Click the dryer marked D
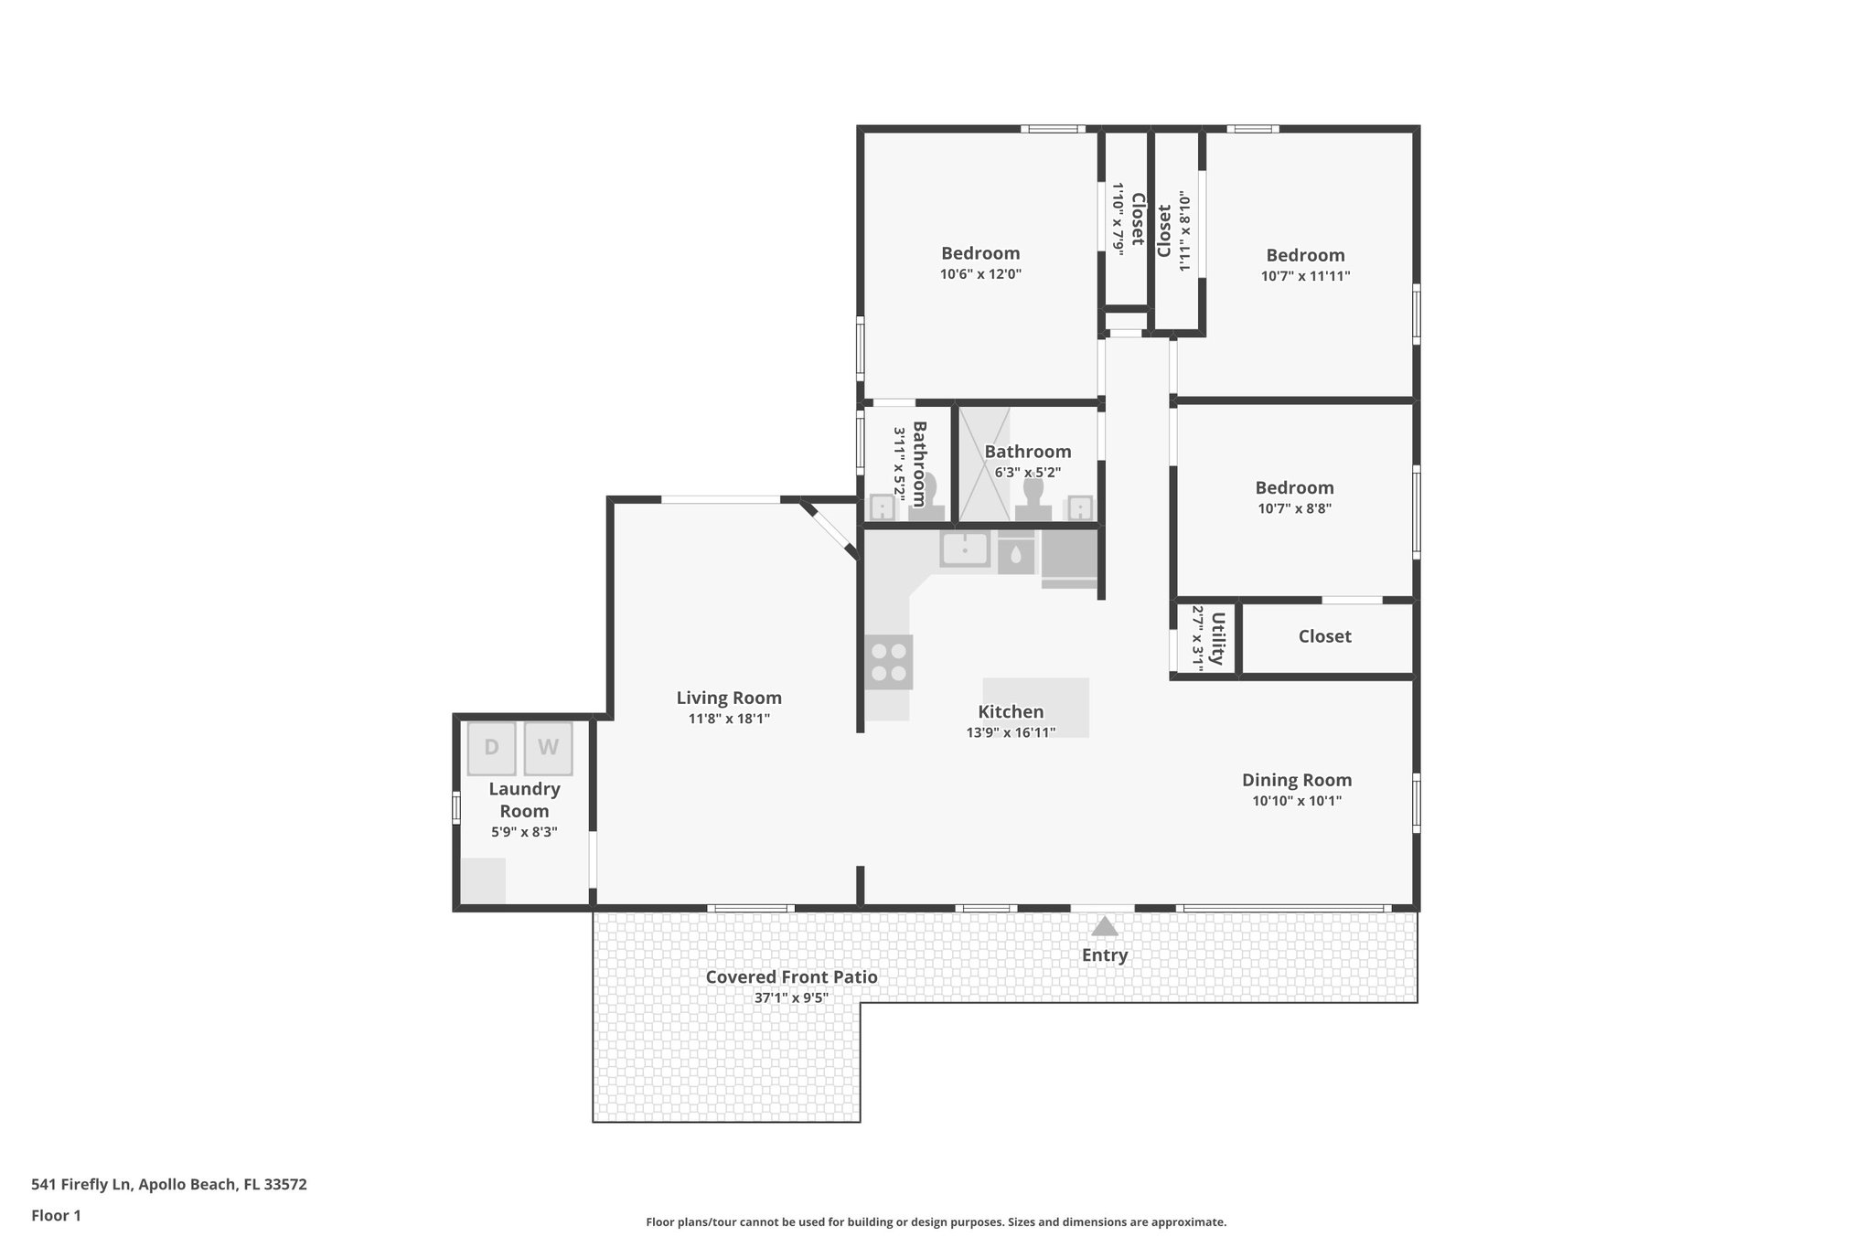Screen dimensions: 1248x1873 coord(491,748)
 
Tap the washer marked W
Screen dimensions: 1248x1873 coord(548,748)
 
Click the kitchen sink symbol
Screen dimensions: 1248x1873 coord(965,550)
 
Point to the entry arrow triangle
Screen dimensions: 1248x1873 coord(1105,926)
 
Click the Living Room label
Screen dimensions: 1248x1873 coord(729,699)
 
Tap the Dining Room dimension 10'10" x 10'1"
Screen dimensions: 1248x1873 coord(1297,802)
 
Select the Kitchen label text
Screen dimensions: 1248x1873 coord(1011,712)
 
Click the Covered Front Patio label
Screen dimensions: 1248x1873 coord(791,977)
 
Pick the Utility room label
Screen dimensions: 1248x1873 coord(1217,638)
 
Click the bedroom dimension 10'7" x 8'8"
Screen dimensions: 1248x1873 coord(1294,509)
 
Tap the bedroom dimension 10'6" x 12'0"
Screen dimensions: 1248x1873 coord(980,274)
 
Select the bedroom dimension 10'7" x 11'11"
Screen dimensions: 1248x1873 coord(1305,276)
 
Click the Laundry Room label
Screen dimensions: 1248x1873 coord(524,800)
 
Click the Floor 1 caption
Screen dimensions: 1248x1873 coord(56,1216)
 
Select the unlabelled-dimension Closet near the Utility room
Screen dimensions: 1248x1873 coord(1324,636)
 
